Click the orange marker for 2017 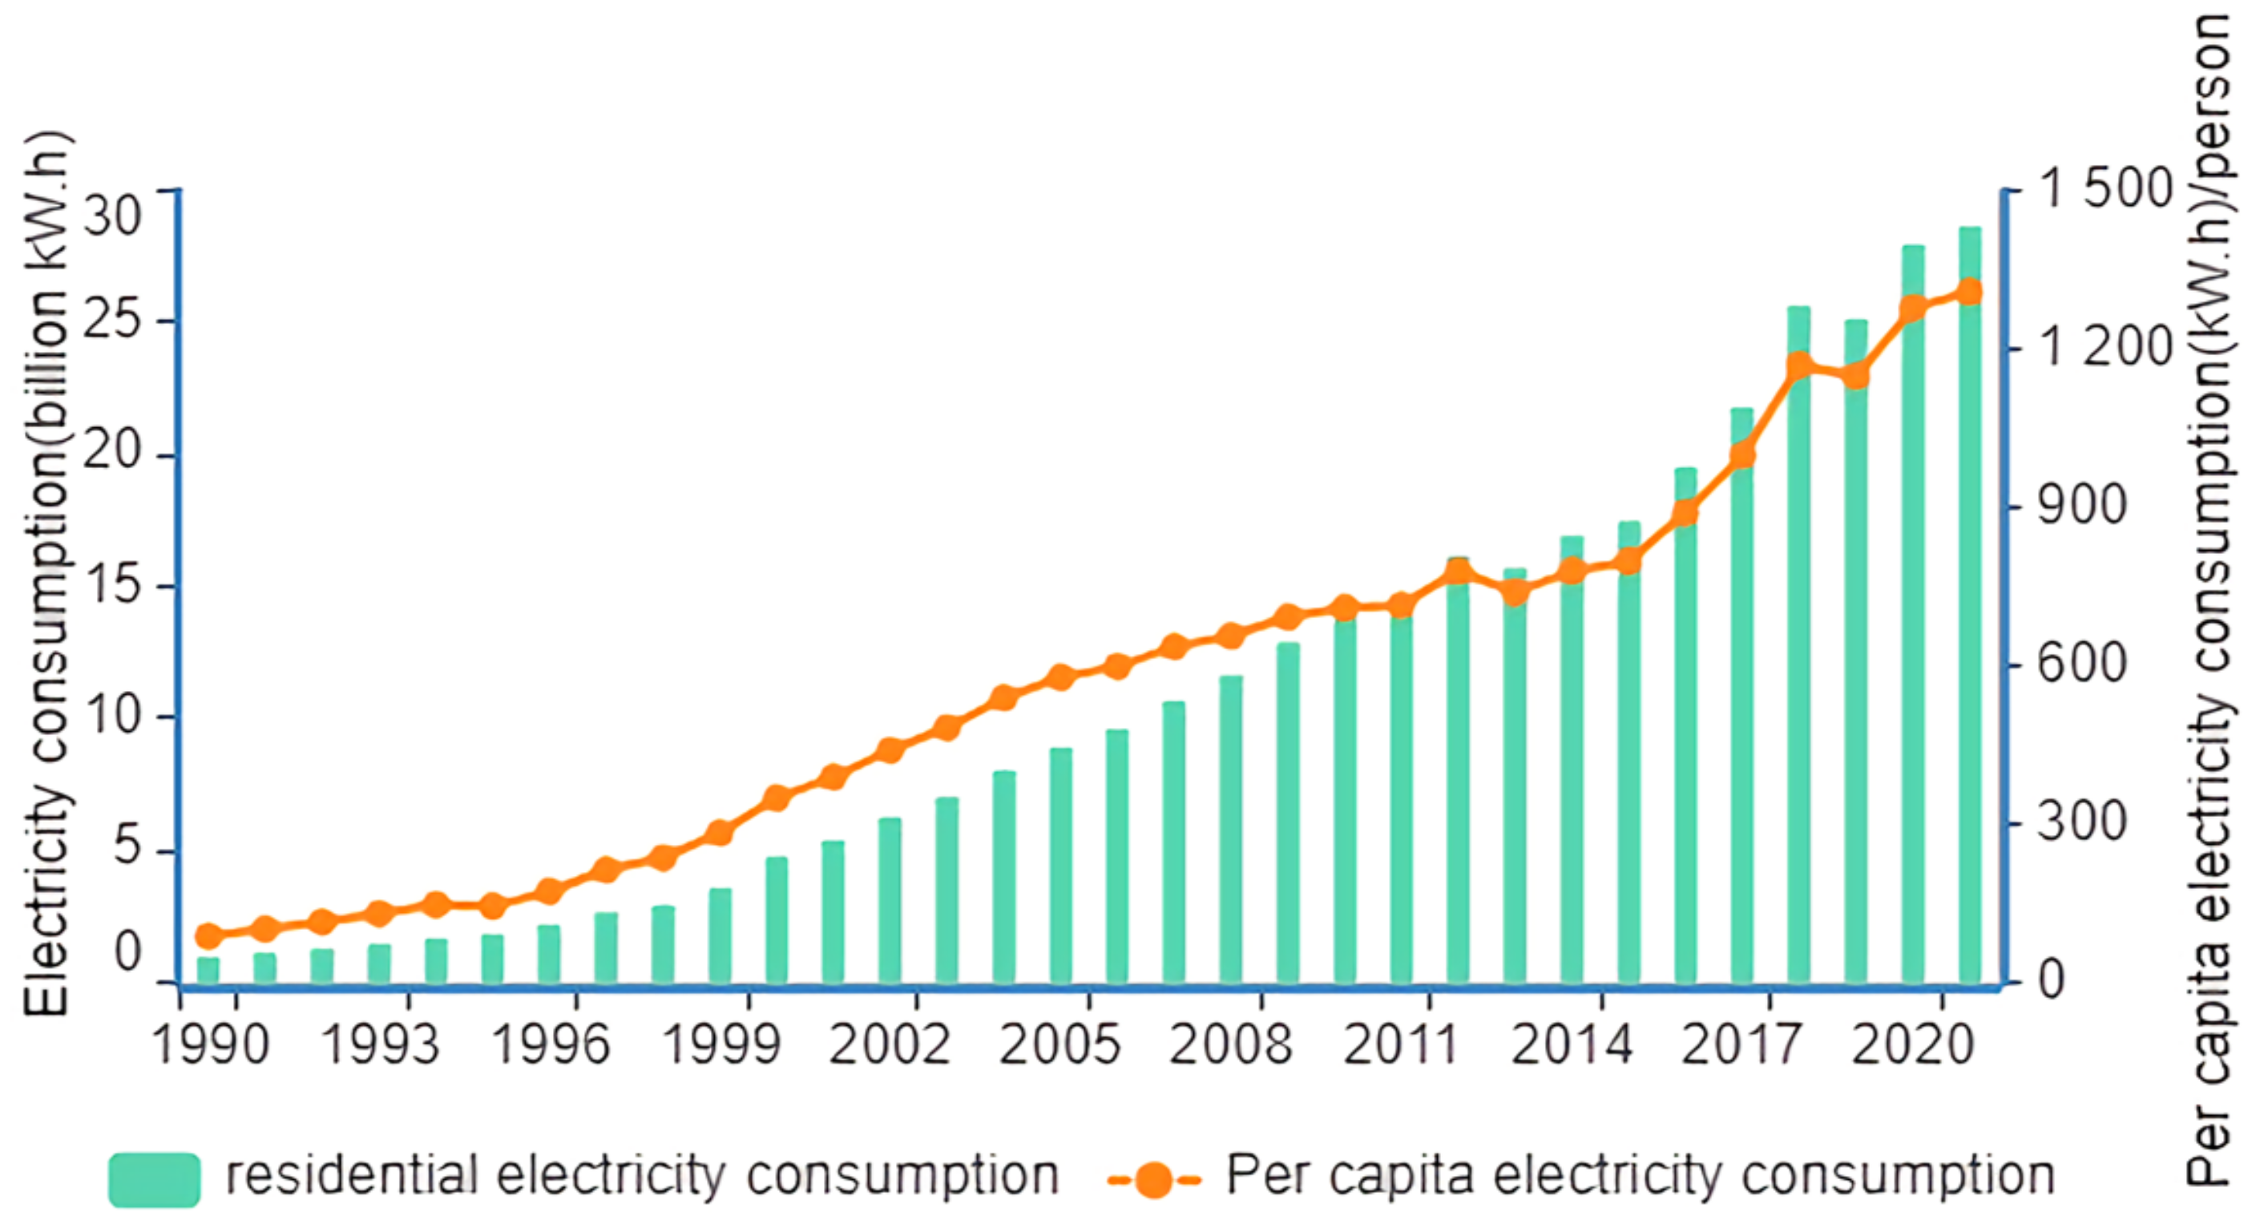(1742, 455)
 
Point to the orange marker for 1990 (208, 936)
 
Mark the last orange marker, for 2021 (1970, 291)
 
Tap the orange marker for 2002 (890, 750)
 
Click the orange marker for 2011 (1401, 605)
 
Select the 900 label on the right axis (2081, 507)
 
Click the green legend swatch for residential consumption (155, 1178)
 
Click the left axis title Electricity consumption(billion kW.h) (46, 575)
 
